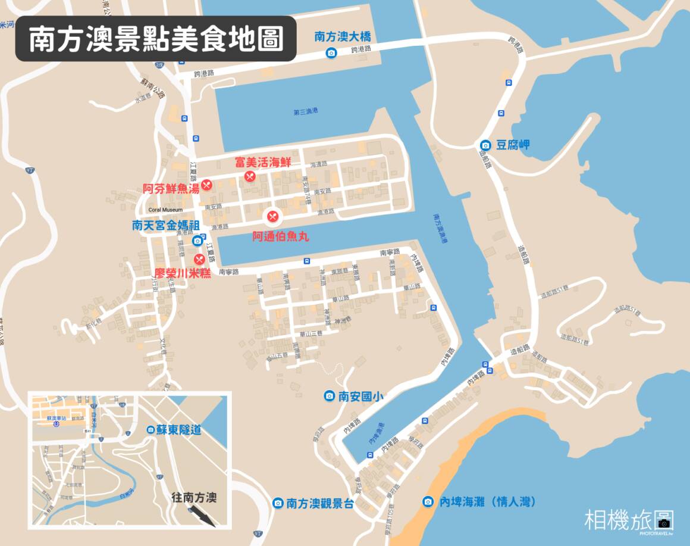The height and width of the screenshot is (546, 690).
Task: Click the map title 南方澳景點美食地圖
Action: (x=155, y=39)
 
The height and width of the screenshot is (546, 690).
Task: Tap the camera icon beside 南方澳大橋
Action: (x=331, y=54)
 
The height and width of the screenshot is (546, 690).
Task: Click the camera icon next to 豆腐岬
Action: (x=485, y=145)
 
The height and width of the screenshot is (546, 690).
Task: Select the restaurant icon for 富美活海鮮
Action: (x=250, y=176)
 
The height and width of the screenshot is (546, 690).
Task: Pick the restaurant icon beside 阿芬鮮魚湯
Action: (x=206, y=185)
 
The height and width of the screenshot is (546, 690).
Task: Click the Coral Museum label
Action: (x=165, y=210)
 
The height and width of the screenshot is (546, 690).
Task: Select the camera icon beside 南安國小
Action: (x=329, y=396)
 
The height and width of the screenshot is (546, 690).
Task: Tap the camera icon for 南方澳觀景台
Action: (x=277, y=503)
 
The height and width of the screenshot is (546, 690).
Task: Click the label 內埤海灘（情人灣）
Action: (x=487, y=502)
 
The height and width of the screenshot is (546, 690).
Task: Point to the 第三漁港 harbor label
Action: (x=306, y=111)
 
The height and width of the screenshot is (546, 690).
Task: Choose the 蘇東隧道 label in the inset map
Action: (x=179, y=429)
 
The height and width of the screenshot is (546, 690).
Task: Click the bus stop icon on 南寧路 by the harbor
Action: (x=306, y=260)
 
